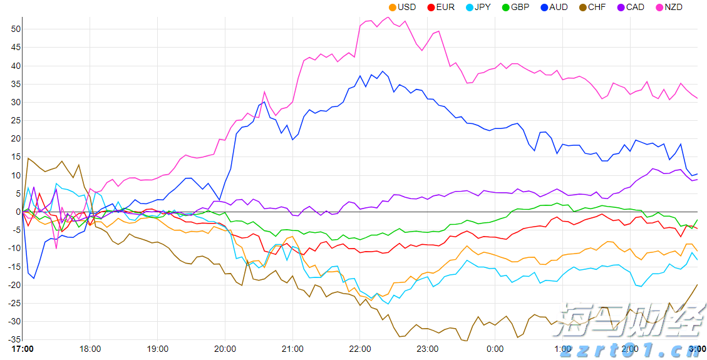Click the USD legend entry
(x=402, y=8)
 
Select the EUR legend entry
(x=440, y=8)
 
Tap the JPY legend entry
(x=478, y=8)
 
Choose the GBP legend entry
(x=515, y=8)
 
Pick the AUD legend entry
(x=554, y=8)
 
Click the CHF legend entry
(x=592, y=8)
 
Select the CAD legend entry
(x=630, y=8)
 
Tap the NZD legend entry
(x=669, y=8)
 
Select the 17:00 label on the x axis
(x=23, y=349)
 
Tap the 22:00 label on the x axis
(x=360, y=349)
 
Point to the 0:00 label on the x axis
(x=495, y=349)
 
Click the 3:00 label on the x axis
(x=698, y=349)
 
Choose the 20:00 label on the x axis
(x=225, y=349)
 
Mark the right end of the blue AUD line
(x=698, y=173)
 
